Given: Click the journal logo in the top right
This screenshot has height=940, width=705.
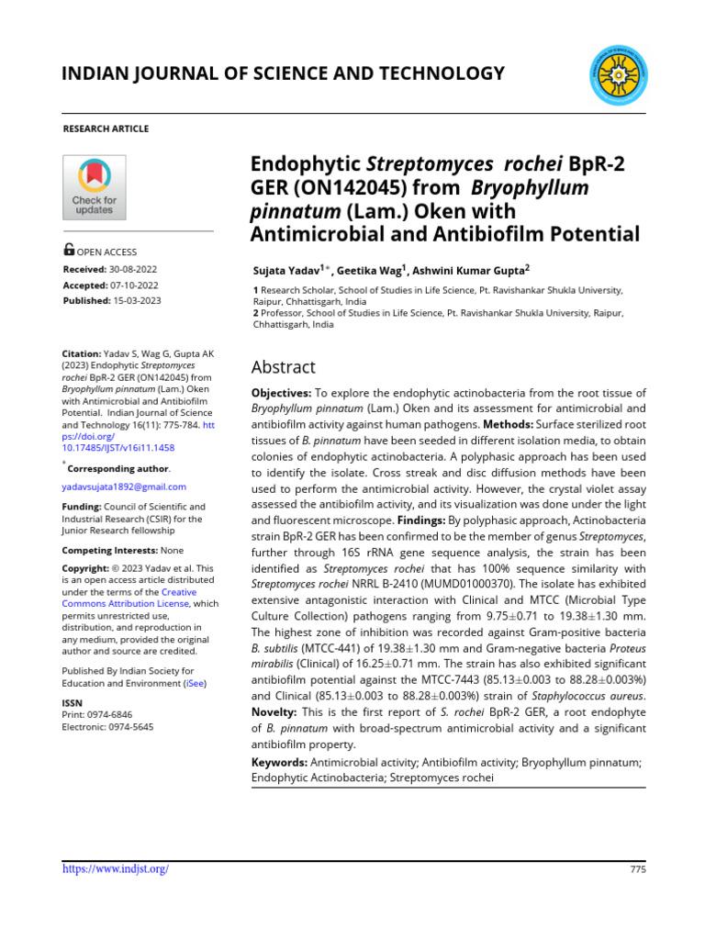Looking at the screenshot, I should (616, 73).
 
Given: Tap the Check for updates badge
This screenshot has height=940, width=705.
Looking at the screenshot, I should (94, 187).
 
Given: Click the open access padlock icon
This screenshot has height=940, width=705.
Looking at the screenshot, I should (69, 250).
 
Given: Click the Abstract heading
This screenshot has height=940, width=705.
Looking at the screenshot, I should (283, 367).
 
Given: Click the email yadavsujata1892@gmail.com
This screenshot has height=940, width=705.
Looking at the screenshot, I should (124, 487).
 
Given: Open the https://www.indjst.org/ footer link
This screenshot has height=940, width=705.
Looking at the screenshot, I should (115, 868).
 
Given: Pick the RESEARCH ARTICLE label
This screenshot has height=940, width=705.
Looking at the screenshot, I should (105, 129).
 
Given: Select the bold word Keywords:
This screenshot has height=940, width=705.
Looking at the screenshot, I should (279, 763).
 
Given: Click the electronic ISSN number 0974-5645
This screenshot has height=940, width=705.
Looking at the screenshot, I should (129, 726).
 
